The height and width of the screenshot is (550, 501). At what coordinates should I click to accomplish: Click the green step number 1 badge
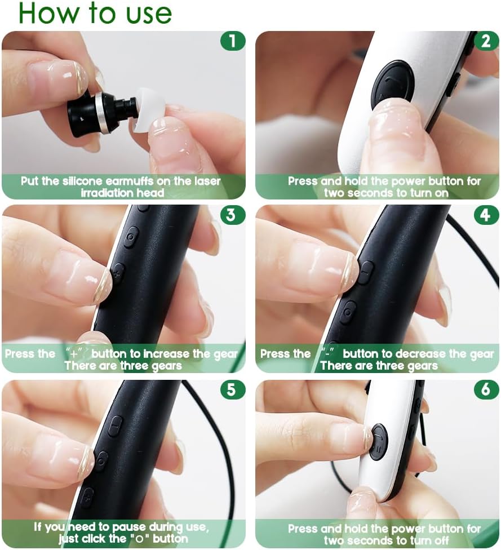[x=232, y=41]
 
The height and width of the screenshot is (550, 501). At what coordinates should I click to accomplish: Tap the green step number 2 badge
[x=486, y=41]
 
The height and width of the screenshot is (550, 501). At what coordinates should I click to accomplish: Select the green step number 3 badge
[x=232, y=215]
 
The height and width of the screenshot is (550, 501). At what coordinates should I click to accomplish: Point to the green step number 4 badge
[x=486, y=215]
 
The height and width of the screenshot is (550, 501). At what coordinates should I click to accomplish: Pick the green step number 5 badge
[x=232, y=390]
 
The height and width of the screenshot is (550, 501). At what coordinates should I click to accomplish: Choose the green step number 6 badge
[x=486, y=390]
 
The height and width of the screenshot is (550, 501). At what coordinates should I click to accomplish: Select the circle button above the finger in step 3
[x=131, y=237]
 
